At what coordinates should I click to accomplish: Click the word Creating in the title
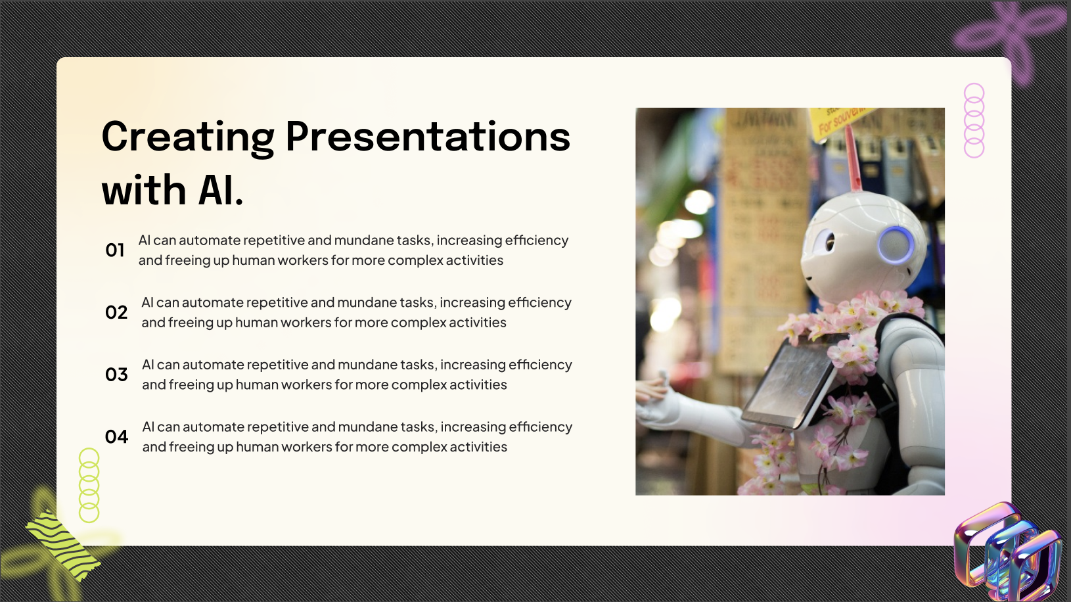(x=188, y=137)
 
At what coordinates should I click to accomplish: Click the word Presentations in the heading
(x=428, y=137)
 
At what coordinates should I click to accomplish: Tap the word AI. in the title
(x=221, y=191)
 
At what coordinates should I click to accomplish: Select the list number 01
(x=115, y=250)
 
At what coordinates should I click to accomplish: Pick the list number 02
(x=116, y=312)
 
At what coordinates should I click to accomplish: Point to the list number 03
(x=116, y=375)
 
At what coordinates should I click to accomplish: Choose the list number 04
(x=116, y=437)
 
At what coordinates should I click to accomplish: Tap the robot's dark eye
(x=829, y=243)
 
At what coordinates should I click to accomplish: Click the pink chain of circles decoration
(x=974, y=120)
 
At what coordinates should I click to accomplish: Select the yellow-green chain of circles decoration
(x=89, y=485)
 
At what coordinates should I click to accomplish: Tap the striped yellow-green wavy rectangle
(x=63, y=545)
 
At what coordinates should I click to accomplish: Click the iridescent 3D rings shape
(x=1008, y=554)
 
